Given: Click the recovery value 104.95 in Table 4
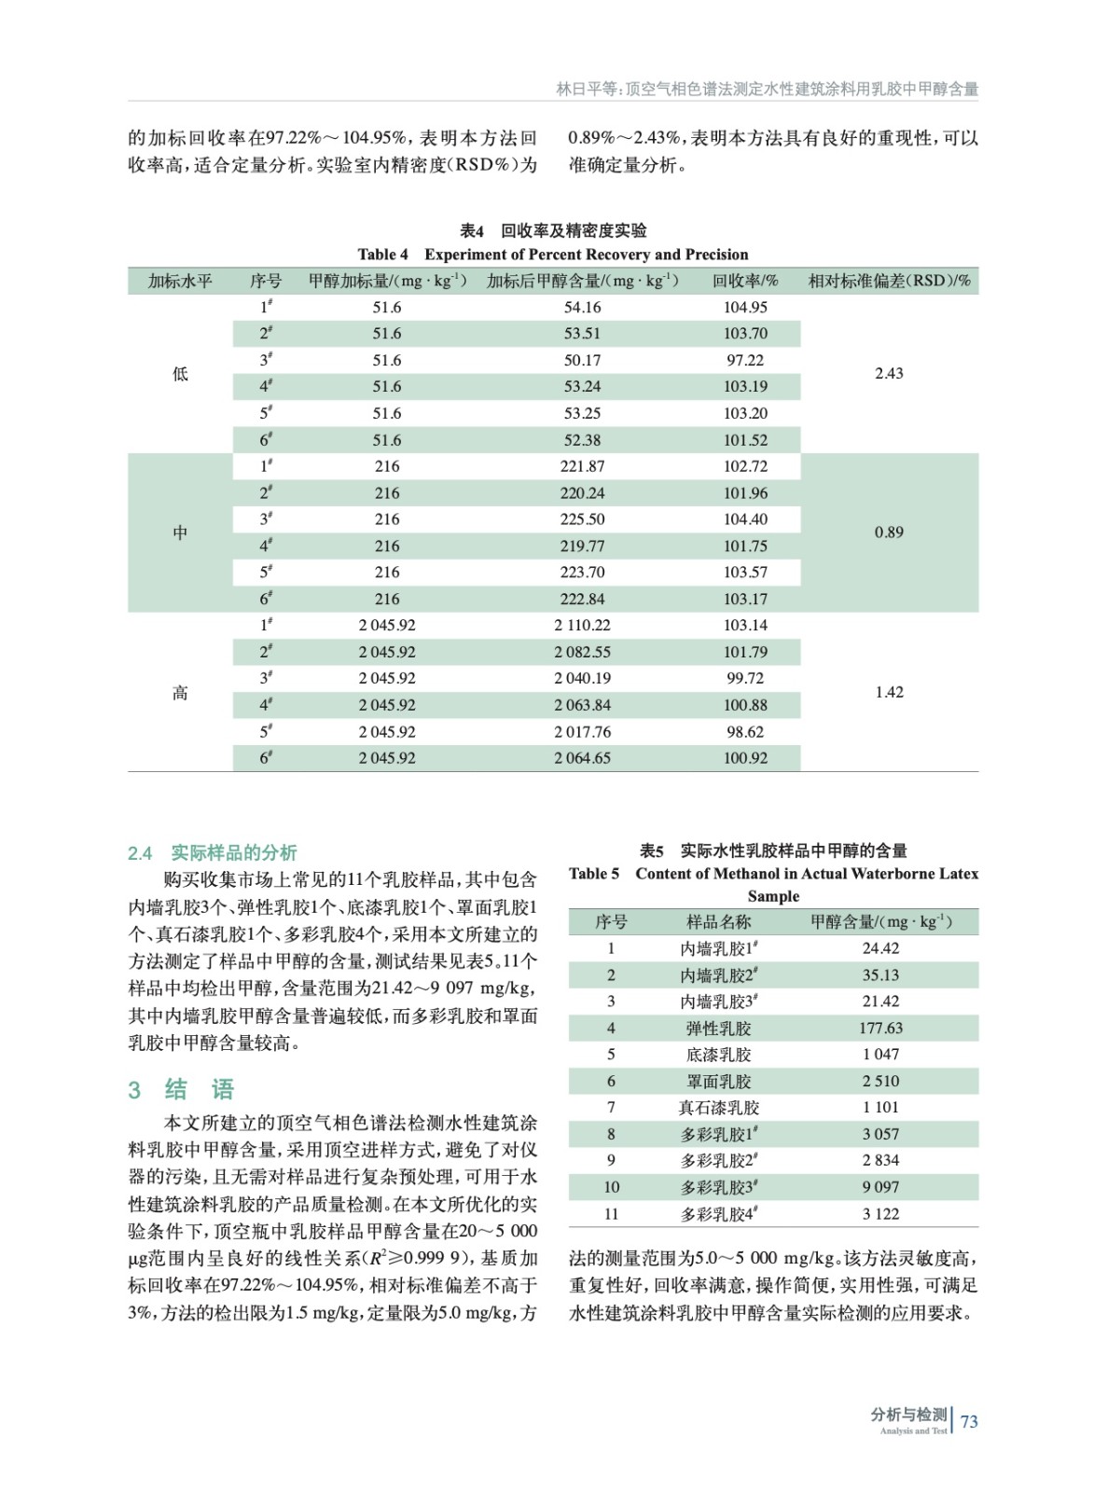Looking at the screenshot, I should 745,307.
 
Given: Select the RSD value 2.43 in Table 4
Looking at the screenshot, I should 889,373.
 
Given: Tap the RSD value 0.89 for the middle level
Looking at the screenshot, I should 889,532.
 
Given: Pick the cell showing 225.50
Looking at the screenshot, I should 582,519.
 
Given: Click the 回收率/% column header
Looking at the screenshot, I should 745,281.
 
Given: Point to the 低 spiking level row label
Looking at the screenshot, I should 180,374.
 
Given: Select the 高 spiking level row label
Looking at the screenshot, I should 180,693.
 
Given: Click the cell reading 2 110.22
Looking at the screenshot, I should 582,626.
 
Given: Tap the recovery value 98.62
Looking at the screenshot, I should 745,732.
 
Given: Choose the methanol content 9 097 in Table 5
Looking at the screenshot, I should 880,1187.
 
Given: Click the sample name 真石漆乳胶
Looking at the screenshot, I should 718,1108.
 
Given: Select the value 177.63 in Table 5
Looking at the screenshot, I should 880,1029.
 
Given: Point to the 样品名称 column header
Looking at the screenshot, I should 718,922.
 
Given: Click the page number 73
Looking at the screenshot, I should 969,1421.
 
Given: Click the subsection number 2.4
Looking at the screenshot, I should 140,853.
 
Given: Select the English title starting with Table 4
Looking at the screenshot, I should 552,255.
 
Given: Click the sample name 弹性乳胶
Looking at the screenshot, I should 718,1029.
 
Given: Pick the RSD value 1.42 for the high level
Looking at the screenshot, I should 889,692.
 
